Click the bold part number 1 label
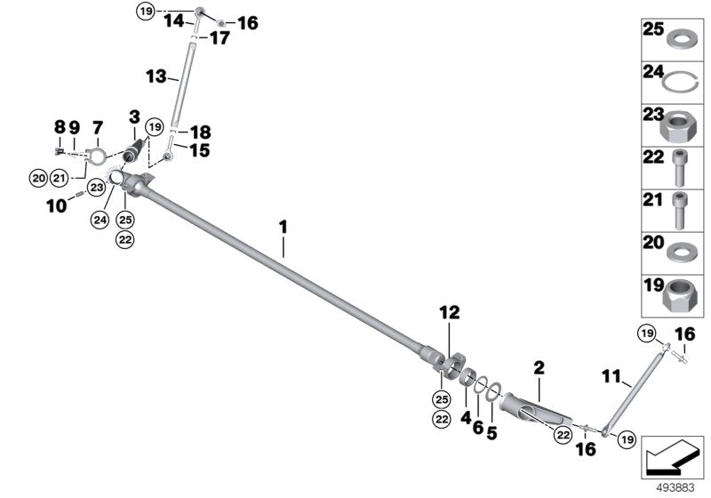283,227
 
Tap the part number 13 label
156,77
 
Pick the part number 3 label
134,116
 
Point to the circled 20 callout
37,179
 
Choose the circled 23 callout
96,187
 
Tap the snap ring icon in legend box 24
680,82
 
